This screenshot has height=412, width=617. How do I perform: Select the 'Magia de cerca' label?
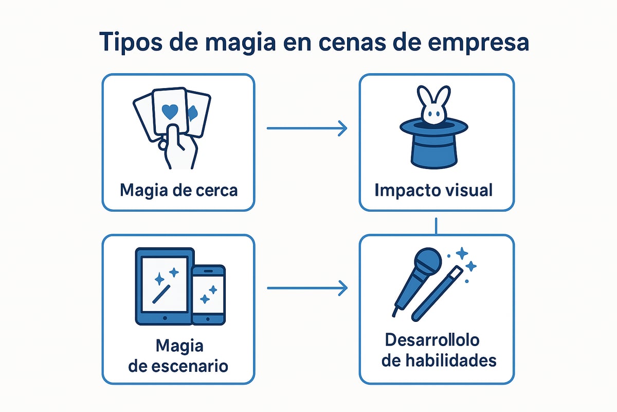(x=178, y=190)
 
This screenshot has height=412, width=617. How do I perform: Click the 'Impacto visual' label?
(x=433, y=190)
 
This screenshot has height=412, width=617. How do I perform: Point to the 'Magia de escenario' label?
(x=178, y=356)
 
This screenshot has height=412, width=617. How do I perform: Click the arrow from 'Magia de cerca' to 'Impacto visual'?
(x=306, y=128)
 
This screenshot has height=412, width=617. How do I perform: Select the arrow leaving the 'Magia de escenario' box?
(x=306, y=288)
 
